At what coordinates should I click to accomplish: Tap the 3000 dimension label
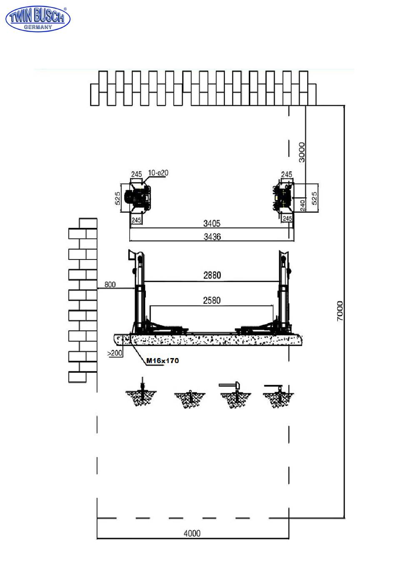pos(302,152)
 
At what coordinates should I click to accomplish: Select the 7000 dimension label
pos(340,311)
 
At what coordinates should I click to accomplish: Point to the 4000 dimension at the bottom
pos(192,533)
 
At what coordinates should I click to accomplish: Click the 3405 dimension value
pos(212,224)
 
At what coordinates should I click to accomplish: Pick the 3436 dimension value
pos(212,237)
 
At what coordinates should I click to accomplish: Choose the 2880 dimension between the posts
pos(212,275)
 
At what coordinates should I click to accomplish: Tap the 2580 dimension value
pos(212,300)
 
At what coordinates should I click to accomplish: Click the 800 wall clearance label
pos(110,285)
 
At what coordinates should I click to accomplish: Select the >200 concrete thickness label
pos(115,353)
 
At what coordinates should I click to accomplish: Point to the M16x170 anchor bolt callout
pos(163,361)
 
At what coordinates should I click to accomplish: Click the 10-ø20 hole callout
pos(158,173)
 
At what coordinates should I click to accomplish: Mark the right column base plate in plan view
pos(283,197)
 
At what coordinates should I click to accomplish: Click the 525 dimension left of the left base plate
pos(118,198)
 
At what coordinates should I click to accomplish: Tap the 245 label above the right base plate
pos(286,174)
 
